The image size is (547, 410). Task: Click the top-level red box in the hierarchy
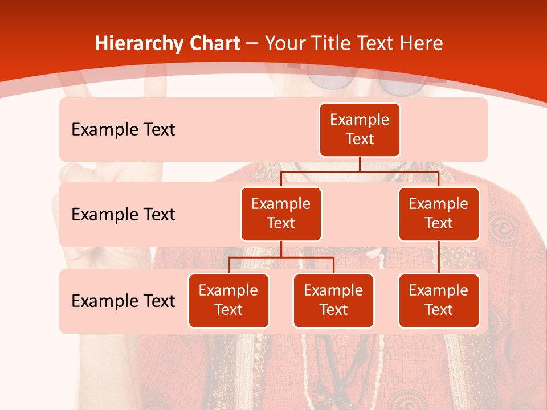tap(360, 129)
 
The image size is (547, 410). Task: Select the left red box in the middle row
tap(281, 214)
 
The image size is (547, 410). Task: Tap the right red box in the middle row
tap(439, 214)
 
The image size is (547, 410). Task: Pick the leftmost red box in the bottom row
tap(228, 300)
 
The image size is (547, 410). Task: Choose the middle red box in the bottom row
tap(333, 300)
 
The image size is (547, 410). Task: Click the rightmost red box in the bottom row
tap(439, 300)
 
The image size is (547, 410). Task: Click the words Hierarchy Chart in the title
tap(168, 43)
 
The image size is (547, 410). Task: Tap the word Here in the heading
tap(422, 43)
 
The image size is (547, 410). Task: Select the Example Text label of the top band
tap(123, 129)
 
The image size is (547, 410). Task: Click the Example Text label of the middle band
tap(123, 214)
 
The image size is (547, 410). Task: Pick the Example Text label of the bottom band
tap(123, 301)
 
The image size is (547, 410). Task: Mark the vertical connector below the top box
tap(360, 164)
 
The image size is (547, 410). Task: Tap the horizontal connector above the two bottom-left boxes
tap(281, 257)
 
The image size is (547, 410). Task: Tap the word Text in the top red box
tap(360, 139)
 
